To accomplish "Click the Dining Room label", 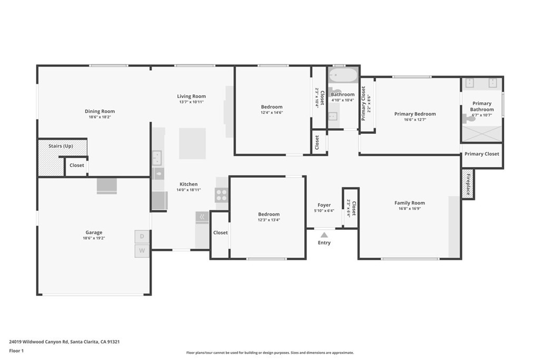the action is pyautogui.click(x=100, y=111).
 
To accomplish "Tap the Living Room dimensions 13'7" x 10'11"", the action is pyautogui.click(x=191, y=102).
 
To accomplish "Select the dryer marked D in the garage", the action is pyautogui.click(x=142, y=237).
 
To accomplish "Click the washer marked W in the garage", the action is pyautogui.click(x=142, y=250).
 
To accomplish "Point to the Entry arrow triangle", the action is pyautogui.click(x=324, y=235).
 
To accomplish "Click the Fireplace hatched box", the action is pyautogui.click(x=468, y=184).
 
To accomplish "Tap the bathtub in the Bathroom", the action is pyautogui.click(x=343, y=75).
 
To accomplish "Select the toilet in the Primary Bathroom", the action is pyautogui.click(x=469, y=119).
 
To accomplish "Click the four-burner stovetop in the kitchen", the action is pyautogui.click(x=221, y=195).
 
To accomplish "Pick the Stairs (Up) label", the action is pyautogui.click(x=61, y=146).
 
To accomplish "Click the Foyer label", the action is pyautogui.click(x=324, y=205).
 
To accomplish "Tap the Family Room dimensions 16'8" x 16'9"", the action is pyautogui.click(x=410, y=209).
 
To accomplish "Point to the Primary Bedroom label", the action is pyautogui.click(x=415, y=114).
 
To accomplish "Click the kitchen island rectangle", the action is pyautogui.click(x=192, y=143).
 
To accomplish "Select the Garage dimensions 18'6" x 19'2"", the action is pyautogui.click(x=94, y=238).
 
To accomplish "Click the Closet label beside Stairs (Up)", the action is pyautogui.click(x=77, y=165).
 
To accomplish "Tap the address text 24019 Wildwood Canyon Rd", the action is pyautogui.click(x=38, y=342).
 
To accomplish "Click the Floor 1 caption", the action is pyautogui.click(x=16, y=351).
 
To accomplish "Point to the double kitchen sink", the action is pyautogui.click(x=157, y=158).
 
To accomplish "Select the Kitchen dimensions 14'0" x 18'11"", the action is pyautogui.click(x=189, y=190).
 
